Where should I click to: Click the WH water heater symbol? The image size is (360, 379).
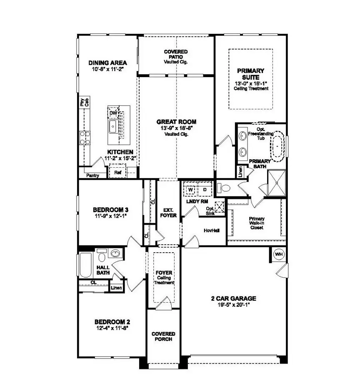(x=278, y=254)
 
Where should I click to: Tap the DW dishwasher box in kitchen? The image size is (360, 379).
(x=112, y=113)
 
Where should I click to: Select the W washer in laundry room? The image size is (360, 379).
(x=190, y=189)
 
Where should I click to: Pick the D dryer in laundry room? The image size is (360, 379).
(x=205, y=189)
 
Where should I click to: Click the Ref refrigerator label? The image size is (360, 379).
(x=117, y=172)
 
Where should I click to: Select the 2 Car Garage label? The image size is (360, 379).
(x=233, y=299)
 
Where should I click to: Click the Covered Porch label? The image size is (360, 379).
(x=163, y=336)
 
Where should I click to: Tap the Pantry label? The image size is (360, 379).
(x=92, y=176)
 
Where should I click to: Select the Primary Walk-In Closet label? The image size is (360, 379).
(x=257, y=224)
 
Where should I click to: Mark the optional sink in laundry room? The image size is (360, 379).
(x=220, y=206)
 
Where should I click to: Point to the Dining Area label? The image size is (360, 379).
(x=107, y=63)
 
